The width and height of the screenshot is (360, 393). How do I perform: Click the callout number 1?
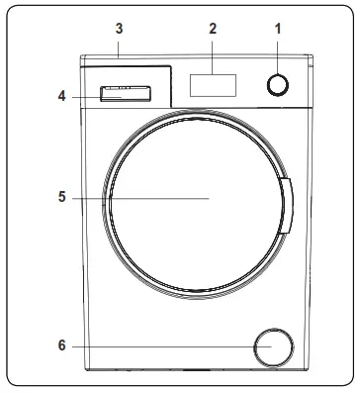(x=278, y=29)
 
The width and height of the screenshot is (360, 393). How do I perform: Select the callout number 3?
(x=119, y=29)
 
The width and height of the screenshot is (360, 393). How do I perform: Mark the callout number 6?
(x=62, y=346)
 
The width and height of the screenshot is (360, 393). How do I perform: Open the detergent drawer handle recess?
(x=124, y=95)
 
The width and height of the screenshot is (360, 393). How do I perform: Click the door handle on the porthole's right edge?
(x=287, y=206)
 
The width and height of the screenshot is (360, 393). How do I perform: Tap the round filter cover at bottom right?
(x=273, y=347)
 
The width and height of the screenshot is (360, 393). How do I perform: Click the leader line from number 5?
(x=138, y=198)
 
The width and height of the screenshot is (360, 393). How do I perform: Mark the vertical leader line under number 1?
(x=278, y=55)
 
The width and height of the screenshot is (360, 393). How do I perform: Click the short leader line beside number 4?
(x=84, y=96)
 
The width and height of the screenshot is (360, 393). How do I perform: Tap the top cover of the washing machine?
(x=198, y=58)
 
